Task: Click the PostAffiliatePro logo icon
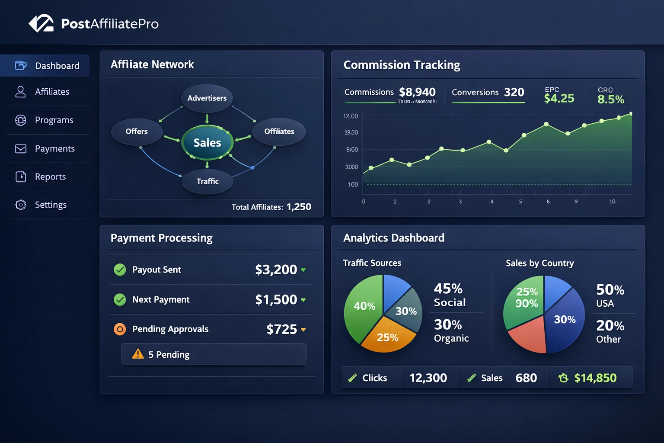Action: point(41,23)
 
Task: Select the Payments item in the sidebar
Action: point(54,149)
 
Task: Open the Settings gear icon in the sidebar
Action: point(21,205)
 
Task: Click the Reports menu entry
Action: point(50,177)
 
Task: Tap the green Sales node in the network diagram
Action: point(207,142)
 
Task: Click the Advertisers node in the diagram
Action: point(207,98)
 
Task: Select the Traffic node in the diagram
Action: point(207,181)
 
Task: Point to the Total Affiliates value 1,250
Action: point(299,207)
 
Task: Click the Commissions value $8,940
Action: point(417,92)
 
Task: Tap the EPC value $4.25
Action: point(559,99)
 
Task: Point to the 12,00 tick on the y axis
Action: point(351,116)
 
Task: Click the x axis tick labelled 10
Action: point(612,202)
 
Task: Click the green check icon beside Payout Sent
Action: point(120,270)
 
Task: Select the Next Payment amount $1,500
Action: point(276,299)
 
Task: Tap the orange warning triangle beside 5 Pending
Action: point(138,354)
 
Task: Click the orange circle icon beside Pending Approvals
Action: point(120,329)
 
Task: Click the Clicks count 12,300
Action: point(428,378)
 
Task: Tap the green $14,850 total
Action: point(595,378)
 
